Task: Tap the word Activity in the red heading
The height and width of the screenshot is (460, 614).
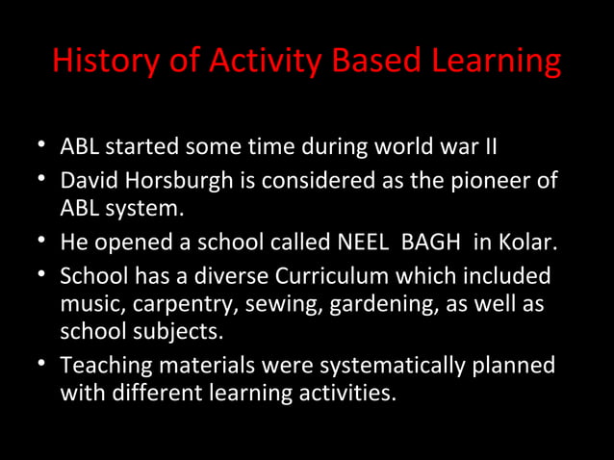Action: (x=261, y=61)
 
